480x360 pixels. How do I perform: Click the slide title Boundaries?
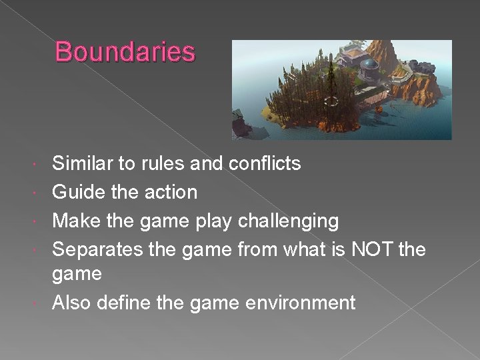coord(125,52)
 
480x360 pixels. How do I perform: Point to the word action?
coord(172,192)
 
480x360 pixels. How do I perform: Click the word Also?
coord(72,303)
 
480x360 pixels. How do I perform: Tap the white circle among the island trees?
coord(331,101)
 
